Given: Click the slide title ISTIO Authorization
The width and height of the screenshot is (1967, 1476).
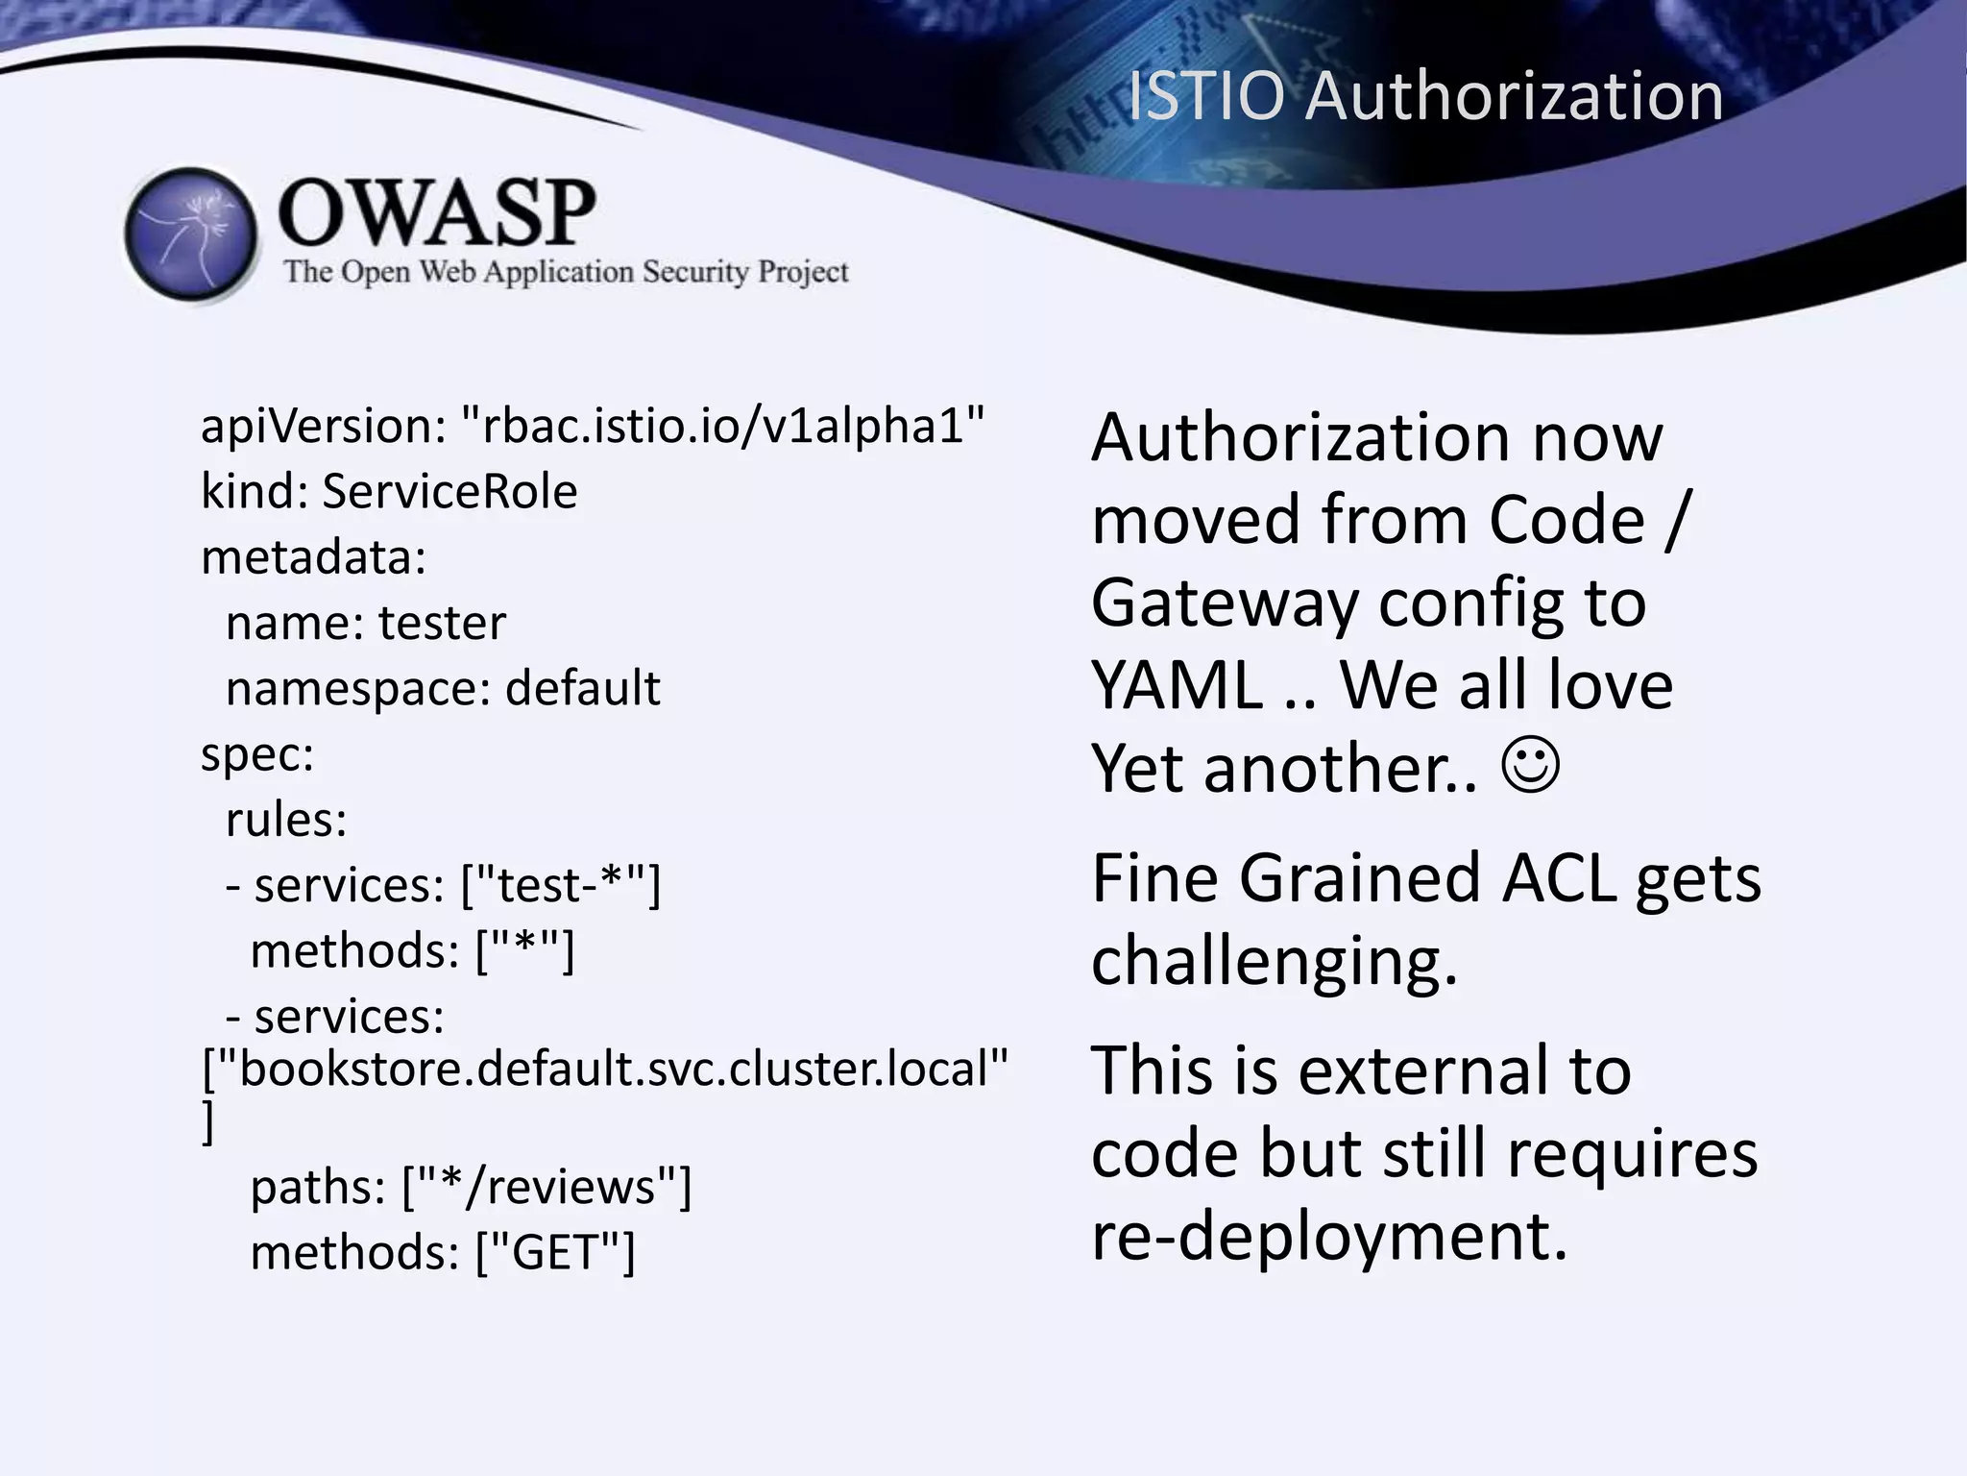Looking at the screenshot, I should click(x=1424, y=96).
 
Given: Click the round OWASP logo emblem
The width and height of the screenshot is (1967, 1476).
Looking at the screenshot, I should click(x=191, y=234).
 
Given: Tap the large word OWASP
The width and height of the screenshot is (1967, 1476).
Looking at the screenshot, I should click(x=436, y=212).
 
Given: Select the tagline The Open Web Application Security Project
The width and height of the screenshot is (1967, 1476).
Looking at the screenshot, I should click(x=566, y=272).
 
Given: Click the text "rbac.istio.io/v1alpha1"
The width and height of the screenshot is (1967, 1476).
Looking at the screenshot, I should click(x=723, y=426).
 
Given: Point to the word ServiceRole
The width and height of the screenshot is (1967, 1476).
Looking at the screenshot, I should click(x=449, y=492).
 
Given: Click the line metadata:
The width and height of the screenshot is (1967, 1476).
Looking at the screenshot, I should click(x=313, y=557).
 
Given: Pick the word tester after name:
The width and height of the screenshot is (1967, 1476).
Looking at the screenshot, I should click(x=442, y=624).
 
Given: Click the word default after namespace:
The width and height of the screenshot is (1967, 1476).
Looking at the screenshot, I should click(x=582, y=689).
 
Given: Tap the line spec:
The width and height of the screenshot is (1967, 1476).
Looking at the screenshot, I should click(x=257, y=754).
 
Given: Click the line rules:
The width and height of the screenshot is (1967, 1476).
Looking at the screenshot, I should click(x=285, y=820).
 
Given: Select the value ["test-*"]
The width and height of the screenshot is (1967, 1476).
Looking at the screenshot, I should click(x=561, y=885).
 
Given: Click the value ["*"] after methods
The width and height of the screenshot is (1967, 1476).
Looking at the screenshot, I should click(x=525, y=950).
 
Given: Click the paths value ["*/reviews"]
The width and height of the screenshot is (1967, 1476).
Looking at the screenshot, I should click(x=546, y=1187).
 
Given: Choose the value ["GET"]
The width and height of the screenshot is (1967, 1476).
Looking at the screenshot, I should click(x=555, y=1253).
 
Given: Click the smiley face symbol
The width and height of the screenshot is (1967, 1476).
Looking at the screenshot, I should click(x=1531, y=766).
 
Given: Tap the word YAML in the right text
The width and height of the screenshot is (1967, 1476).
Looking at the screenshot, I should click(x=1177, y=686).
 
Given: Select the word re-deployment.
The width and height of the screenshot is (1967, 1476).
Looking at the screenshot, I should click(x=1329, y=1236).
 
